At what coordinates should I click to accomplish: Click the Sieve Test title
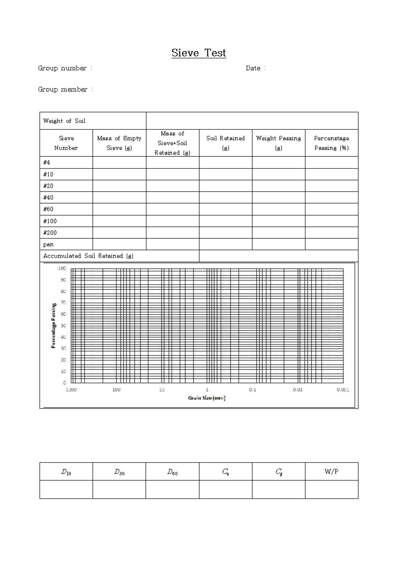pos(199,53)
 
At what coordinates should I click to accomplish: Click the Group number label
pos(62,68)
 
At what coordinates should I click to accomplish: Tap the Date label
pos(253,68)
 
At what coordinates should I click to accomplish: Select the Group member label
pos(63,90)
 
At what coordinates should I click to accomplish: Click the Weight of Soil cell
pos(64,121)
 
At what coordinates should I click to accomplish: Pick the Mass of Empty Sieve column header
pos(119,143)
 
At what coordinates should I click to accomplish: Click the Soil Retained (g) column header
pos(226,143)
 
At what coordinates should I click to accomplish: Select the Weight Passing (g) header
pos(279,143)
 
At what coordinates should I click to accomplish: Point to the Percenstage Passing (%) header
pos(331,143)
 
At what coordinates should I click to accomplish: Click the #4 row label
pos(47,163)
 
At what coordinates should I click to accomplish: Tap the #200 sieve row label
pos(50,233)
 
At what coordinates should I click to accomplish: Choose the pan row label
pos(48,245)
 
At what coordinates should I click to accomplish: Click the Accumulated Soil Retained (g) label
pos(88,256)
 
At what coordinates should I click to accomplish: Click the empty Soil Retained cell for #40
pos(226,198)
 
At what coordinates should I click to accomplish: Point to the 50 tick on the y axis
pos(63,325)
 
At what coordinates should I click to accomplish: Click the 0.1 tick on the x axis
pos(252,390)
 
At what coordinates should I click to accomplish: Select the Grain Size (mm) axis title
pos(207,398)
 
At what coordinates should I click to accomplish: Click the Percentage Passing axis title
pos(53,325)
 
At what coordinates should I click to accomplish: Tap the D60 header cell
pos(172,472)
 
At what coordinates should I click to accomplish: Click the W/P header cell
pos(331,471)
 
